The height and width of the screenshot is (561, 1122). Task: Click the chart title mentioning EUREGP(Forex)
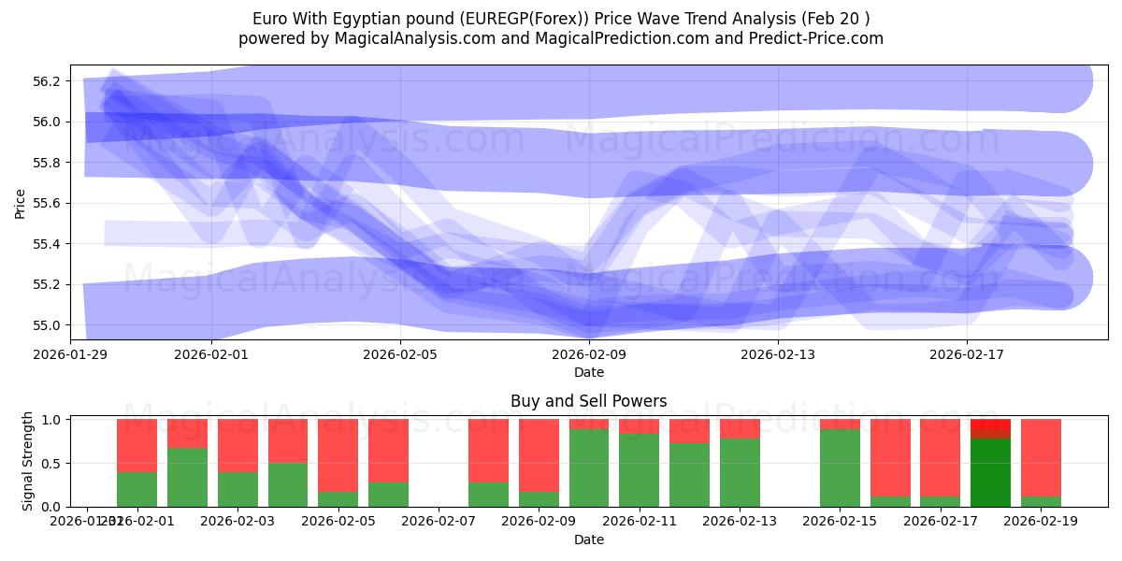[x=560, y=19]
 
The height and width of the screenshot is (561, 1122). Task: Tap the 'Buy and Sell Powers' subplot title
[x=588, y=401]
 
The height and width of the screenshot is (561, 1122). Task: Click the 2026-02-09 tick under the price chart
[x=589, y=354]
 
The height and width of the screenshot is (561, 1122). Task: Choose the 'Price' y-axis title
[x=21, y=203]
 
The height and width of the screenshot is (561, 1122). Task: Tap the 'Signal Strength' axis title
[x=28, y=459]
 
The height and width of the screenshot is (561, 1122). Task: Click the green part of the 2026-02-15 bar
[x=840, y=467]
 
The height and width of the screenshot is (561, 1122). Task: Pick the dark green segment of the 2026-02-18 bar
[x=990, y=472]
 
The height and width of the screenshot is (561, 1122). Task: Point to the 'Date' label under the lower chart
[x=588, y=539]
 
